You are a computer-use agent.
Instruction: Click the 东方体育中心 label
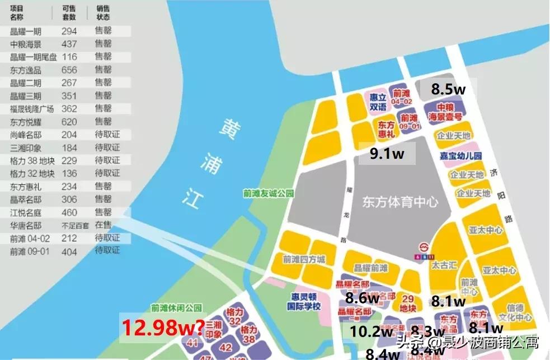pyautogui.click(x=399, y=201)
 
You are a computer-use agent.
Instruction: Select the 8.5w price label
pyautogui.click(x=448, y=88)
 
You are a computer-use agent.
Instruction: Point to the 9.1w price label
pyautogui.click(x=387, y=154)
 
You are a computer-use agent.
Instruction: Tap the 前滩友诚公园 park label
pyautogui.click(x=269, y=193)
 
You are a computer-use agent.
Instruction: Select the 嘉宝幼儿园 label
pyautogui.click(x=461, y=155)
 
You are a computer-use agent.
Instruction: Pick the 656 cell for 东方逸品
pyautogui.click(x=69, y=70)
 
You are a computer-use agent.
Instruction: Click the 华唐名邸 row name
pyautogui.click(x=25, y=225)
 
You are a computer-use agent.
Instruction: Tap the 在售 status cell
pyautogui.click(x=103, y=225)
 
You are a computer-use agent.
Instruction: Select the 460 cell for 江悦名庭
pyautogui.click(x=69, y=212)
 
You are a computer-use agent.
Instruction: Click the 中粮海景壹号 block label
pyautogui.click(x=445, y=112)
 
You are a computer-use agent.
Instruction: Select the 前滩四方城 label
pyautogui.click(x=304, y=259)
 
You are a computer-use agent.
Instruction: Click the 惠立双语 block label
pyautogui.click(x=378, y=101)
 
